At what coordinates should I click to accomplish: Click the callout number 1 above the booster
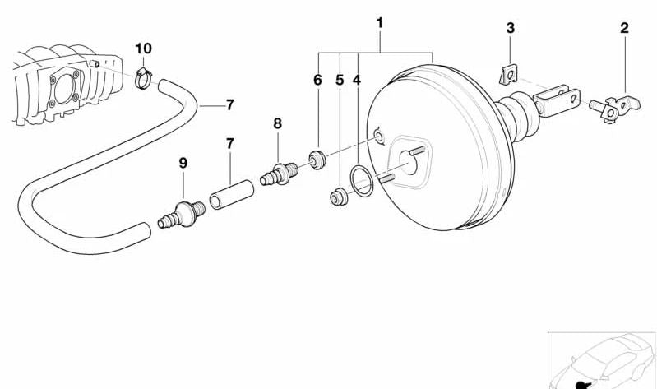pos(380,23)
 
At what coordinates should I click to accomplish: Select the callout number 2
pos(624,28)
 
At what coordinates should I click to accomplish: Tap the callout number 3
pos(510,28)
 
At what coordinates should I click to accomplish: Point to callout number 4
pos(357,80)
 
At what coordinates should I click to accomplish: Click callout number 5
pos(340,80)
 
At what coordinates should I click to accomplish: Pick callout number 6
pos(317,80)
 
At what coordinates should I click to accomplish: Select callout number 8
pos(277,123)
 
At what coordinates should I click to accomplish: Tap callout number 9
pos(183,163)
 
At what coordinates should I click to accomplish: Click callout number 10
pos(143,49)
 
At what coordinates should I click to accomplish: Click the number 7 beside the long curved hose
pos(229,104)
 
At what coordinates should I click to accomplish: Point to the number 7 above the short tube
pos(229,144)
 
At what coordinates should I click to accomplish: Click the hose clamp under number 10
pos(143,78)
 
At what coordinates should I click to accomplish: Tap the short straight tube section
pos(231,194)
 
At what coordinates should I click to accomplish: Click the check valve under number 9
pos(183,214)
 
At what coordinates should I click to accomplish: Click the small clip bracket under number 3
pos(510,74)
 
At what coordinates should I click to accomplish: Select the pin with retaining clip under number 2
pos(614,109)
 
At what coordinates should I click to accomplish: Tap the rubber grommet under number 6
pos(317,160)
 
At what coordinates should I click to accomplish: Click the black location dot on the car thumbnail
pos(581,385)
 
